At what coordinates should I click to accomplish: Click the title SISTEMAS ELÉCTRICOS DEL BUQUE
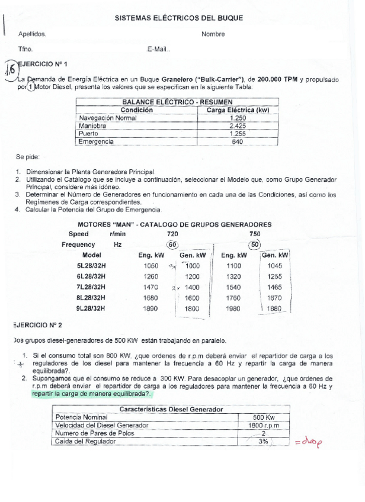pos(178,18)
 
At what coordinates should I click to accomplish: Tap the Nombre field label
pos(213,34)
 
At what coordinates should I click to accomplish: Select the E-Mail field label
pos(158,49)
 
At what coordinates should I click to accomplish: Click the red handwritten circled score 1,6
pos(10,69)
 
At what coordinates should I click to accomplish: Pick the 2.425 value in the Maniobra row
pos(237,126)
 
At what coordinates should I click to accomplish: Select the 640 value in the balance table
pos(237,142)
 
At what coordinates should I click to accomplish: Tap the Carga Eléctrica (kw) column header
pos(238,110)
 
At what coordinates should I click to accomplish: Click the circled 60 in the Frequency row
pos(172,244)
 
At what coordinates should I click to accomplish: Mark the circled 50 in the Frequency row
pos(255,244)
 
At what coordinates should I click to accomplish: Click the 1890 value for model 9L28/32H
pos(151,308)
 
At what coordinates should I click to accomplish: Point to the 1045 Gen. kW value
pos(274,266)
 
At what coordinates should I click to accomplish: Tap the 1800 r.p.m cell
pos(264,425)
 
